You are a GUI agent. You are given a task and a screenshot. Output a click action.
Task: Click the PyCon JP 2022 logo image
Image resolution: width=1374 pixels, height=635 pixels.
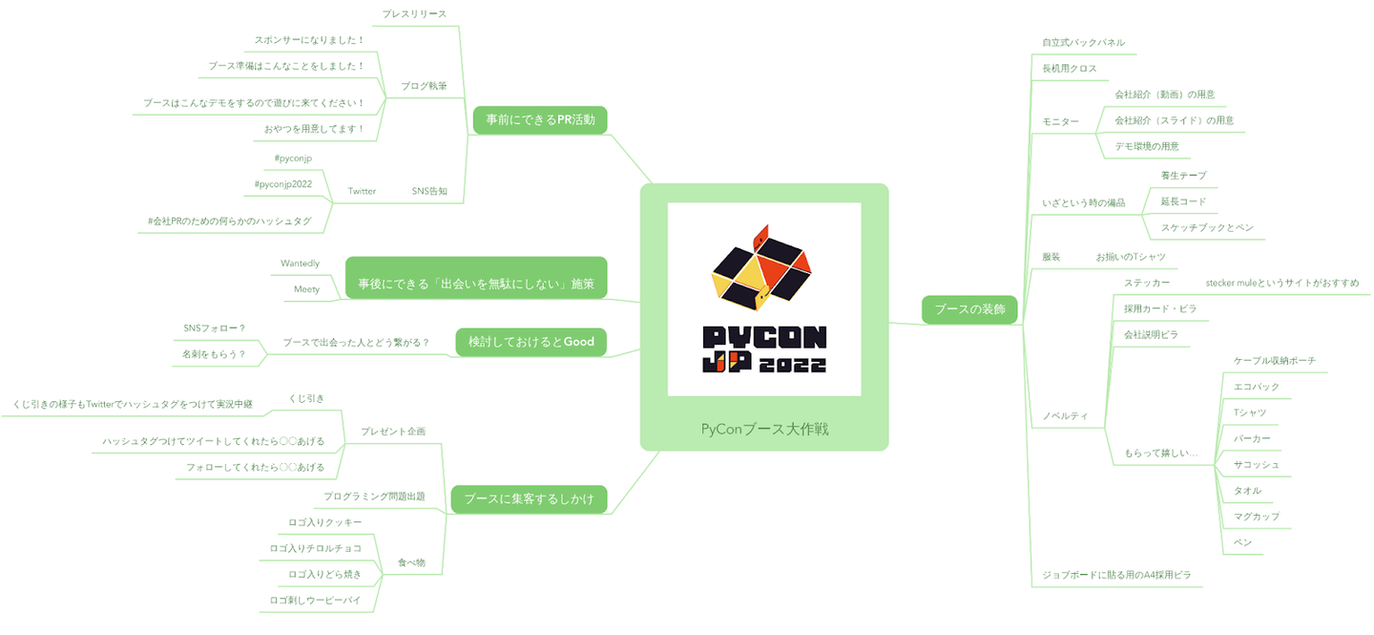pyautogui.click(x=763, y=298)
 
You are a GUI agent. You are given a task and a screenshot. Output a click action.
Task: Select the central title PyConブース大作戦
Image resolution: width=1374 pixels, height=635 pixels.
pyautogui.click(x=763, y=429)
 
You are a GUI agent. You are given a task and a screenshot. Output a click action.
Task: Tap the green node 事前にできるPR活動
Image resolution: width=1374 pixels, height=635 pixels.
pyautogui.click(x=540, y=119)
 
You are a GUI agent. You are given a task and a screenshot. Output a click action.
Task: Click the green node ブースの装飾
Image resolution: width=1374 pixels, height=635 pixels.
pyautogui.click(x=968, y=309)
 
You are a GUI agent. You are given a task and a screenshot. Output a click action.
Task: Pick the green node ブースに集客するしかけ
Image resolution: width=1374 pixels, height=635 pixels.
pyautogui.click(x=528, y=499)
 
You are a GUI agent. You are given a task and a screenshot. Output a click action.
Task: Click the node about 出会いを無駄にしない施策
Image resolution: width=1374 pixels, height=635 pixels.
pyautogui.click(x=476, y=284)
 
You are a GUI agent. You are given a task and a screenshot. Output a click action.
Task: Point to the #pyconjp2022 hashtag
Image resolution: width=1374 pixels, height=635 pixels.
pyautogui.click(x=282, y=183)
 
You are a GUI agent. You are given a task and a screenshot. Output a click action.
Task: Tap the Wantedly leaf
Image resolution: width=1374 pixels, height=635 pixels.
pyautogui.click(x=300, y=263)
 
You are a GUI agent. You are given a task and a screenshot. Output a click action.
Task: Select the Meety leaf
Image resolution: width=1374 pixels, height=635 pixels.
pyautogui.click(x=306, y=288)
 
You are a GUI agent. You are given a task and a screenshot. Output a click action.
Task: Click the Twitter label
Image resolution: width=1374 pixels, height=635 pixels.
pyautogui.click(x=362, y=191)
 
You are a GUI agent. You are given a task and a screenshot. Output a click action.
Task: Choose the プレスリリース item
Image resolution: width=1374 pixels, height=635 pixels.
pyautogui.click(x=414, y=13)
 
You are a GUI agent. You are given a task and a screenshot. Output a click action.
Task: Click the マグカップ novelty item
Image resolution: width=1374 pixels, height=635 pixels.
pyautogui.click(x=1256, y=516)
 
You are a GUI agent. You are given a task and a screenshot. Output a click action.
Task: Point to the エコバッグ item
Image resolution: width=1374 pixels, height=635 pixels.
pyautogui.click(x=1256, y=387)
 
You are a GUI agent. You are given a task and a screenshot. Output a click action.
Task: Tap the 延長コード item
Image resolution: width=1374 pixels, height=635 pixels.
pyautogui.click(x=1183, y=201)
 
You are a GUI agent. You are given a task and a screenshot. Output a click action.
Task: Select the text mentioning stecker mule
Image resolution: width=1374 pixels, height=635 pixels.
pyautogui.click(x=1281, y=283)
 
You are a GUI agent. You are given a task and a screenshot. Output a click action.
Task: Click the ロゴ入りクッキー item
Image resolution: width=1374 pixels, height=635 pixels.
pyautogui.click(x=324, y=522)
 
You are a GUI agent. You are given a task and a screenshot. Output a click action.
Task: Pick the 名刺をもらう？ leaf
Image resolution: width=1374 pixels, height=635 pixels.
pyautogui.click(x=214, y=354)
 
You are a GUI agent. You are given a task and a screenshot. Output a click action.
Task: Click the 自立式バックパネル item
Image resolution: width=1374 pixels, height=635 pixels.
pyautogui.click(x=1083, y=42)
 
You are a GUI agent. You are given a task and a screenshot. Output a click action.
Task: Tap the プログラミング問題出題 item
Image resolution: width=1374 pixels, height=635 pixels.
pyautogui.click(x=374, y=497)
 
